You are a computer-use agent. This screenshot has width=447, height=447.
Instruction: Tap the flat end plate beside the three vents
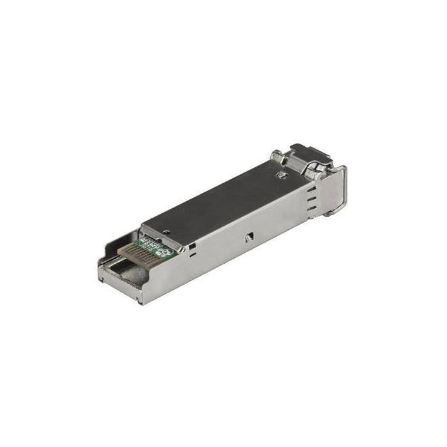332,192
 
